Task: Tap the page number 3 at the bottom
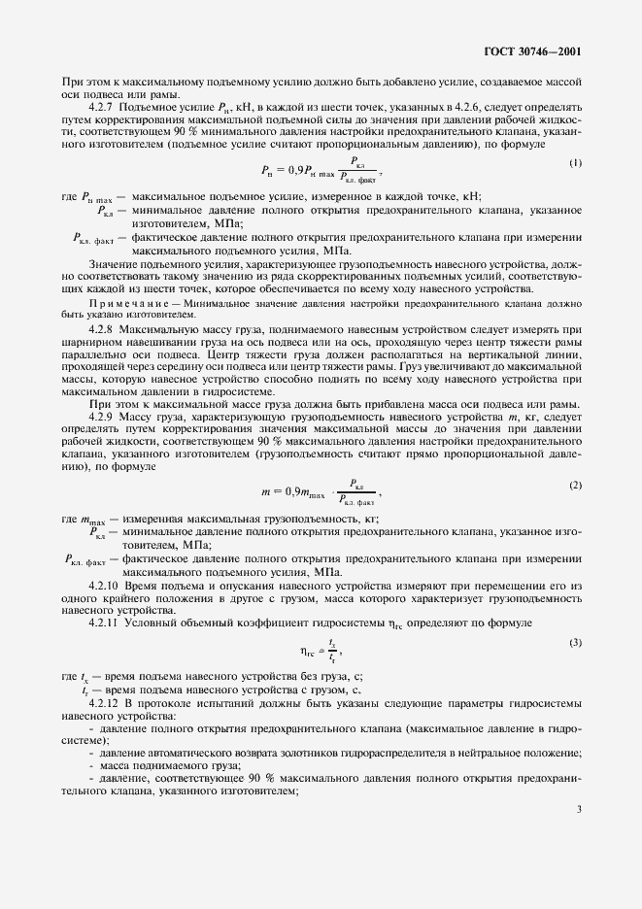(x=578, y=807)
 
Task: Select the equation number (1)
(x=575, y=163)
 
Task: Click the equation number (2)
(x=575, y=485)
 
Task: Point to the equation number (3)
(x=575, y=643)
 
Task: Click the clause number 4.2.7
(x=102, y=107)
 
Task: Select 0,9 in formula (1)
(x=288, y=169)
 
